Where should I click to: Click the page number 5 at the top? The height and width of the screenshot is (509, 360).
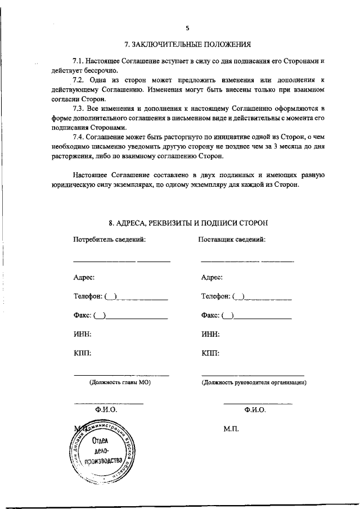[188, 28]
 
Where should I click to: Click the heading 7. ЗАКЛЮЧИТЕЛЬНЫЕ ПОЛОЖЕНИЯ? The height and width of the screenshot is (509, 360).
[187, 44]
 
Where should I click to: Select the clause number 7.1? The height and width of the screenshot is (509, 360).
[80, 60]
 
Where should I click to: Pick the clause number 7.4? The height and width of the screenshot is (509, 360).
[80, 137]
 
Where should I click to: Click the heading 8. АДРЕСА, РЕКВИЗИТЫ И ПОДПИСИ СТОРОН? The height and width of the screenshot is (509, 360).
[187, 223]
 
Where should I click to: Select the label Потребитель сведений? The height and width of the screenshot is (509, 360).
[110, 240]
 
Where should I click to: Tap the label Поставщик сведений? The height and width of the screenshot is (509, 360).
[232, 240]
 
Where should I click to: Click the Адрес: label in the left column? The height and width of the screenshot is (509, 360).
[84, 277]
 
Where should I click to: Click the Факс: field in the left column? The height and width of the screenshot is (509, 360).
[120, 316]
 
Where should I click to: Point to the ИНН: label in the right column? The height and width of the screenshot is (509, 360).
[210, 335]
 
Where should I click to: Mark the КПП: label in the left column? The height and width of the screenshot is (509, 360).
[82, 354]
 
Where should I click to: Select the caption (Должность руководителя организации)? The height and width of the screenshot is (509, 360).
[254, 382]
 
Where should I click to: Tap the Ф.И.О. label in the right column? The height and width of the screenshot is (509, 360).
[255, 411]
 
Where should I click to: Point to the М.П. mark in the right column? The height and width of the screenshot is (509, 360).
[231, 429]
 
